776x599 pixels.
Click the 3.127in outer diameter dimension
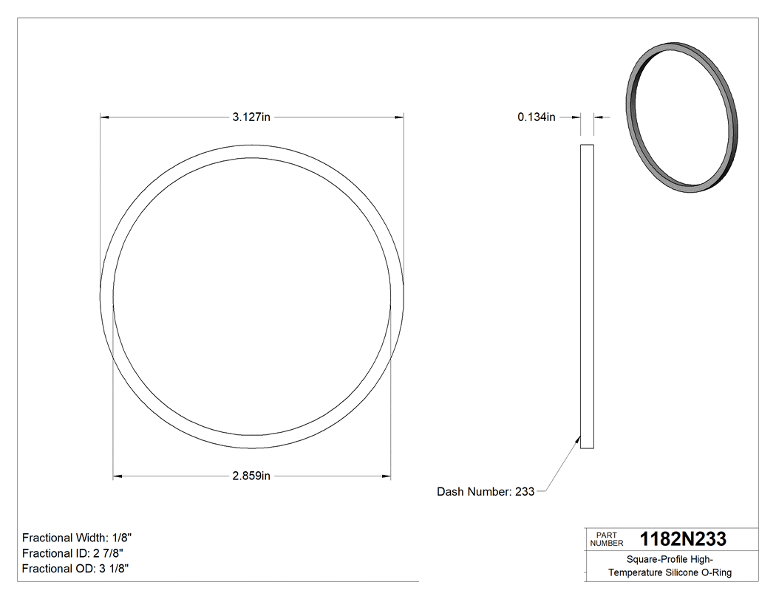click(x=251, y=117)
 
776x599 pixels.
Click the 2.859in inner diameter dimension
click(x=251, y=476)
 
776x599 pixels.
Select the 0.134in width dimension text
click(x=536, y=117)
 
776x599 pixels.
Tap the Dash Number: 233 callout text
click(x=486, y=491)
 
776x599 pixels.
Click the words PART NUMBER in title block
click(x=607, y=538)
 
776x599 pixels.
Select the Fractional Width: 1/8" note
click(x=77, y=538)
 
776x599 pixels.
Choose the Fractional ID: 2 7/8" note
click(x=72, y=553)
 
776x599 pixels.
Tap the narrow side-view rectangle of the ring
click(x=587, y=295)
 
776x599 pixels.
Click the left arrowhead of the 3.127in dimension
click(x=104, y=117)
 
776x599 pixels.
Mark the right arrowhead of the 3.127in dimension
click(x=399, y=117)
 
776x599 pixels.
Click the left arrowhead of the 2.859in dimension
click(x=117, y=476)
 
